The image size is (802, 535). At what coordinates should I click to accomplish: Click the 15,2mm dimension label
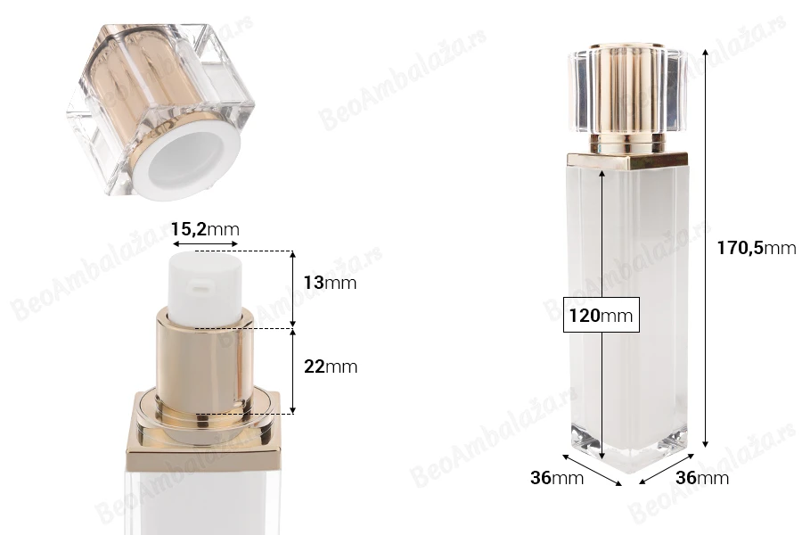pyautogui.click(x=205, y=229)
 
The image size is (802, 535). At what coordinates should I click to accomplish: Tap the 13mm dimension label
pyautogui.click(x=330, y=283)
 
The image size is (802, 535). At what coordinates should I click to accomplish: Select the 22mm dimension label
pyautogui.click(x=331, y=366)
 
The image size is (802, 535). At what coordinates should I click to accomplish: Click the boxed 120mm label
pyautogui.click(x=601, y=315)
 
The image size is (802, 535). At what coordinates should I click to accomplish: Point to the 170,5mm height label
pyautogui.click(x=756, y=248)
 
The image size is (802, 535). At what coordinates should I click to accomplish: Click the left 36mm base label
pyautogui.click(x=557, y=478)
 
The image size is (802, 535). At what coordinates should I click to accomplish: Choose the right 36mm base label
pyautogui.click(x=702, y=478)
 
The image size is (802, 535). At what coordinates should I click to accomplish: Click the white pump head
pyautogui.click(x=205, y=288)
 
